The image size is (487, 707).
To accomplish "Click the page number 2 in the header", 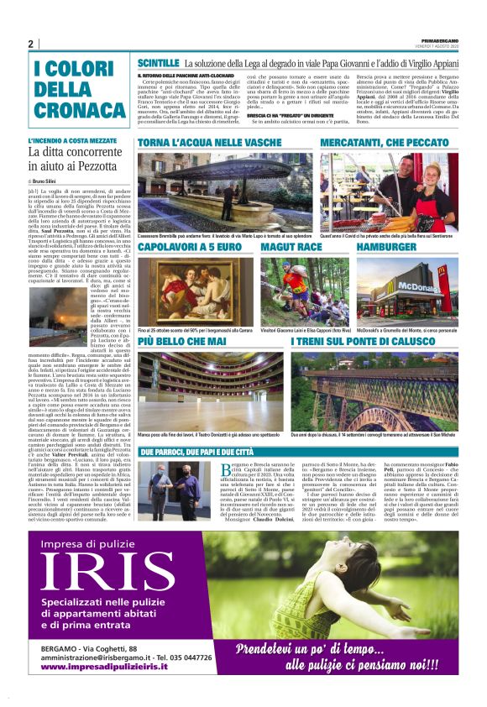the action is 30,45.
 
